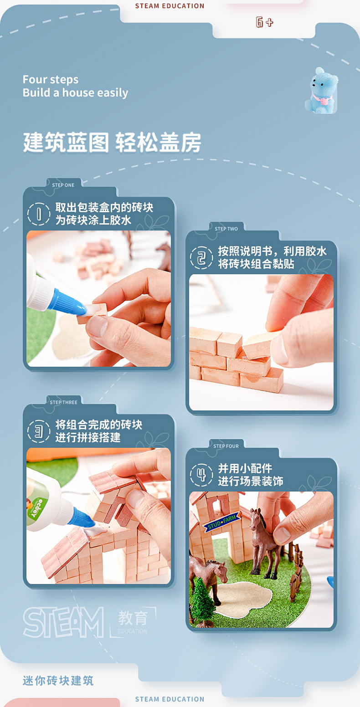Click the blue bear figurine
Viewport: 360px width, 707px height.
coord(321,91)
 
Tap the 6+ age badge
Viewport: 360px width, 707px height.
coord(264,22)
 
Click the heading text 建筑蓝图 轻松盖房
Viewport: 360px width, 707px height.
coord(112,143)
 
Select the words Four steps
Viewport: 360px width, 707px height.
coord(51,80)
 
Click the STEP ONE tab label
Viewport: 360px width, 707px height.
coord(63,185)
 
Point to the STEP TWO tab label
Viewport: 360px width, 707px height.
coord(226,229)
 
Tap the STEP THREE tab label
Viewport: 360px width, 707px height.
coord(63,403)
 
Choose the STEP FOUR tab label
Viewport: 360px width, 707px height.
coord(226,446)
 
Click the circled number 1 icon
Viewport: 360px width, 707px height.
coord(38,214)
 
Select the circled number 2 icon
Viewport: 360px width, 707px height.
coord(201,258)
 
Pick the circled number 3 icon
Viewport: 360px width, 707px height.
coord(38,431)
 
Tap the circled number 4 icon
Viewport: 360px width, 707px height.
coord(201,475)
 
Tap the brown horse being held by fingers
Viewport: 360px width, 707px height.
coord(266,542)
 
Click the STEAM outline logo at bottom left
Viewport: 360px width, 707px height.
coord(63,622)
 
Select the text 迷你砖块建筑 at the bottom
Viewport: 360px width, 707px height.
coord(58,681)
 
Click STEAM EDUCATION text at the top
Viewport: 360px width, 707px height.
coord(170,6)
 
